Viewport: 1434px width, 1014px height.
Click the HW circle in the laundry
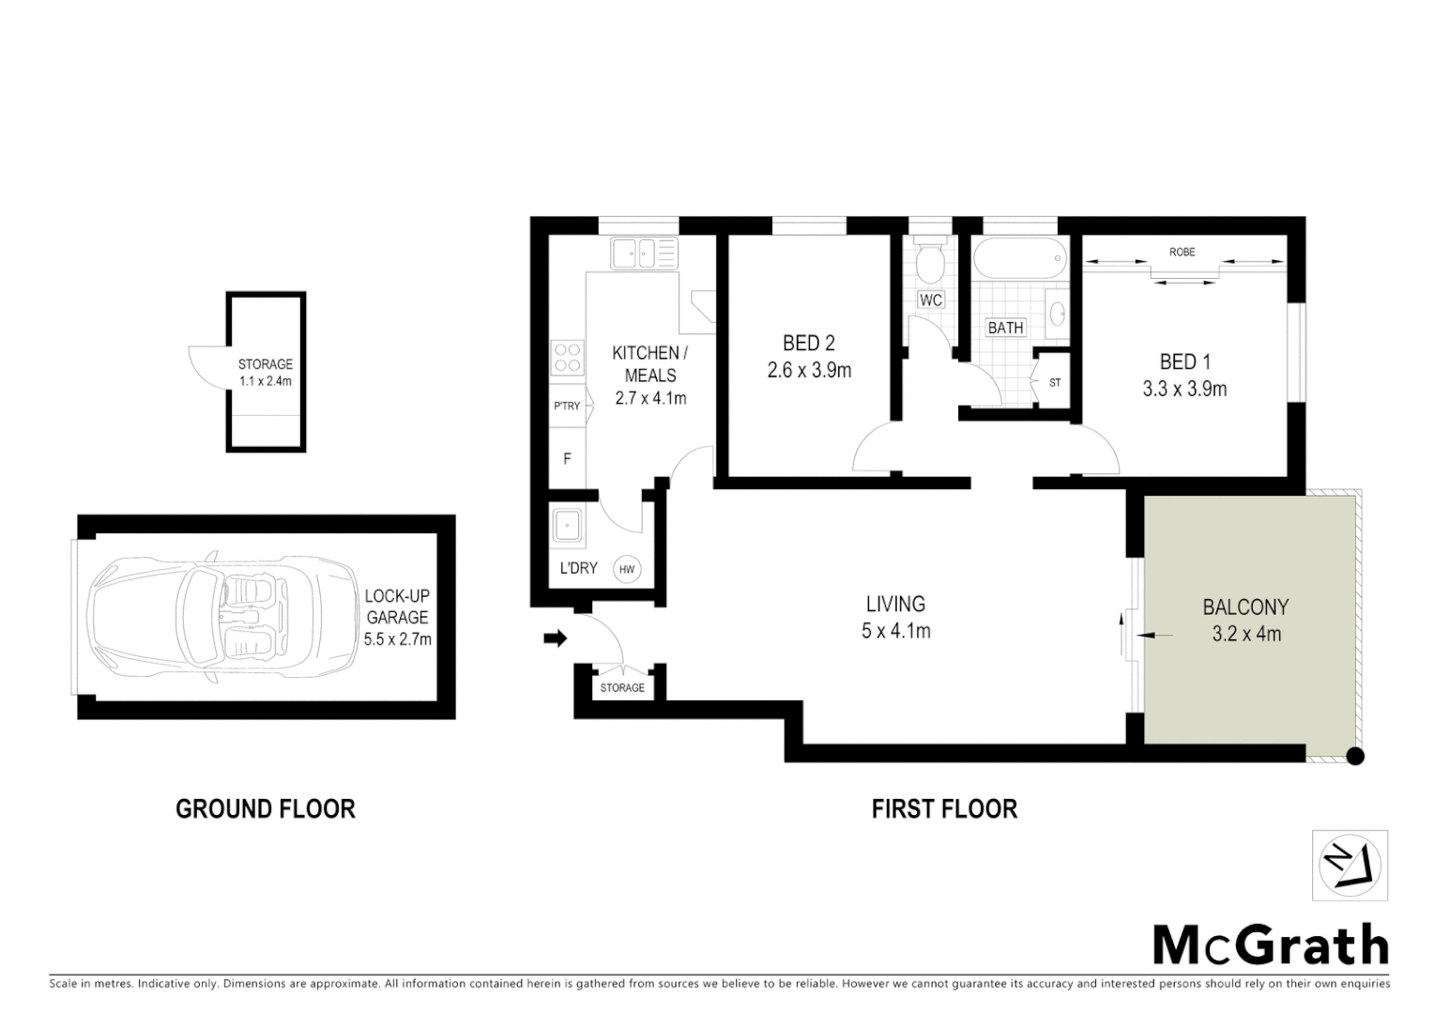click(x=627, y=569)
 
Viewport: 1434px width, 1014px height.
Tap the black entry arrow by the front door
click(x=556, y=639)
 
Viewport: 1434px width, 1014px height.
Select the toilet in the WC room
click(x=930, y=263)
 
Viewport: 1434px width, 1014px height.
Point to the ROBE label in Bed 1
click(x=1182, y=253)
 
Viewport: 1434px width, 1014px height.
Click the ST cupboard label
click(x=1055, y=383)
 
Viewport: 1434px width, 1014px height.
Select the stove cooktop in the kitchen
click(x=567, y=359)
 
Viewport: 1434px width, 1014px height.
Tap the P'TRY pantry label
click(x=567, y=407)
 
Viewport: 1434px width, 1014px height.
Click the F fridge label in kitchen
click(x=567, y=459)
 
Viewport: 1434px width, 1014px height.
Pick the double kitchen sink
click(x=644, y=253)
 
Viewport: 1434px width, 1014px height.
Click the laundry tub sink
click(x=568, y=526)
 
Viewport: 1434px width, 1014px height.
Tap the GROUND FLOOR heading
click(x=266, y=808)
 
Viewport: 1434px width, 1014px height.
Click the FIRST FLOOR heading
click(x=944, y=808)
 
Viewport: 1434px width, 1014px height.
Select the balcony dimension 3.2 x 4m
click(x=1246, y=634)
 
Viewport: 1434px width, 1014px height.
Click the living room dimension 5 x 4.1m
click(x=895, y=631)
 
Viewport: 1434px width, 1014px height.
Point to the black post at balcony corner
click(x=1354, y=755)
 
